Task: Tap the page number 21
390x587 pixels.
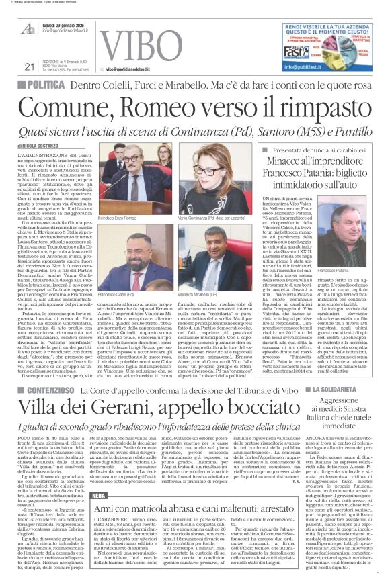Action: (29, 66)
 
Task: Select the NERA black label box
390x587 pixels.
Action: (99, 457)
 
